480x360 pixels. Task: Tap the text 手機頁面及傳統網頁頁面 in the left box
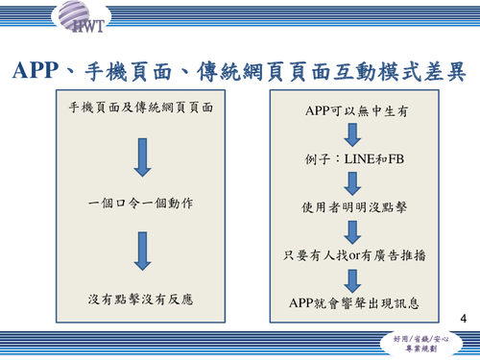(141, 108)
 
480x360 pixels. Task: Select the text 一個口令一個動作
(140, 204)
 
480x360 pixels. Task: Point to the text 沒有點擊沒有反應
(141, 300)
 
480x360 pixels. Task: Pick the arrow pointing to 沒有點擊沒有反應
(141, 252)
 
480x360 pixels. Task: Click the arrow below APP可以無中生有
(351, 135)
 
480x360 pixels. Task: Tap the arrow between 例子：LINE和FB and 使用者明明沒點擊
(351, 182)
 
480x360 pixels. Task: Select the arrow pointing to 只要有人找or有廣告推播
(351, 230)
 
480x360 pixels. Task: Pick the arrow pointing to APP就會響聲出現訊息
(351, 278)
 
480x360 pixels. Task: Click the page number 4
(465, 318)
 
